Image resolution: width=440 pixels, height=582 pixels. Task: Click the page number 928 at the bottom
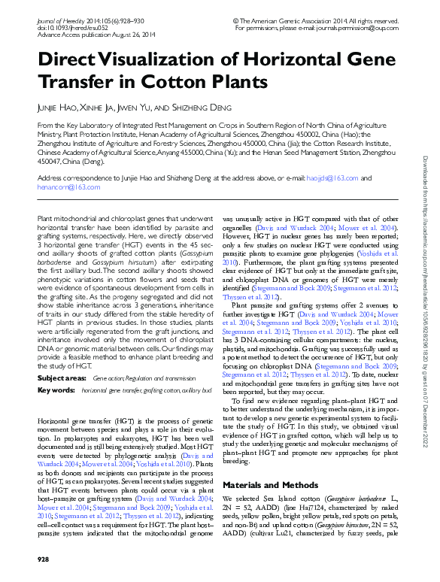(44, 560)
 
